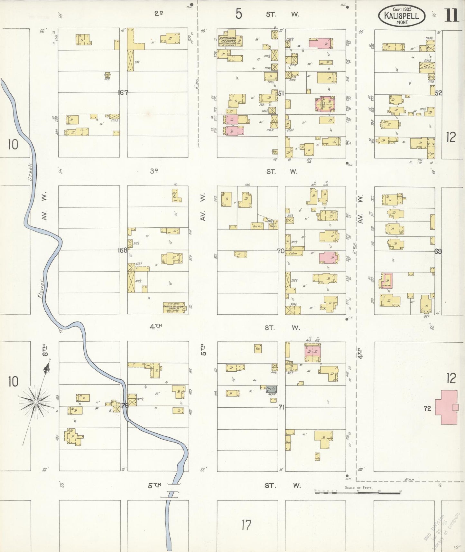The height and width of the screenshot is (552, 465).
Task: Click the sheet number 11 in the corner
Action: (x=452, y=15)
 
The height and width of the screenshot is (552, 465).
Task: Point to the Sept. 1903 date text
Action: (x=402, y=9)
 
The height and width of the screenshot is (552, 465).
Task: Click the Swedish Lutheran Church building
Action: (x=174, y=308)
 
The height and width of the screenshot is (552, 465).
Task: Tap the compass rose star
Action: (x=36, y=402)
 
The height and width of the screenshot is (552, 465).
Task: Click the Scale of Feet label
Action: (x=358, y=488)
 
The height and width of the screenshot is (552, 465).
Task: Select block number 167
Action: (x=123, y=93)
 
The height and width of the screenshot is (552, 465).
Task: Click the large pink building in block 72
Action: (x=447, y=407)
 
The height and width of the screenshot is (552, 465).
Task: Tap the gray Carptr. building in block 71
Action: (x=271, y=389)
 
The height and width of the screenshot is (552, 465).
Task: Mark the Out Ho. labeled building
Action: (x=257, y=226)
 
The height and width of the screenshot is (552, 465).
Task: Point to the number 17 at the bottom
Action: (x=246, y=525)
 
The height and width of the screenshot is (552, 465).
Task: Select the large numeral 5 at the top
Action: (x=238, y=14)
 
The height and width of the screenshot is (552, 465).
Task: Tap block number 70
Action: (x=281, y=251)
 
